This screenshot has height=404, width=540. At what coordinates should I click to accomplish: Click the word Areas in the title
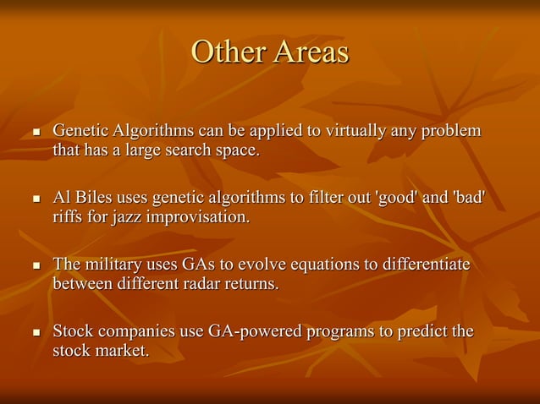(x=311, y=52)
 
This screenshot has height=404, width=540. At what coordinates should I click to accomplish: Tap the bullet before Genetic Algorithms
(x=35, y=134)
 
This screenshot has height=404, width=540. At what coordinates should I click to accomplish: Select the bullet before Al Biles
(x=35, y=200)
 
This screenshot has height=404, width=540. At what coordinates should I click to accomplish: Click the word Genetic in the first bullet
(x=80, y=132)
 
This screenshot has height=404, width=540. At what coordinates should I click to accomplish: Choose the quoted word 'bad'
(x=469, y=198)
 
